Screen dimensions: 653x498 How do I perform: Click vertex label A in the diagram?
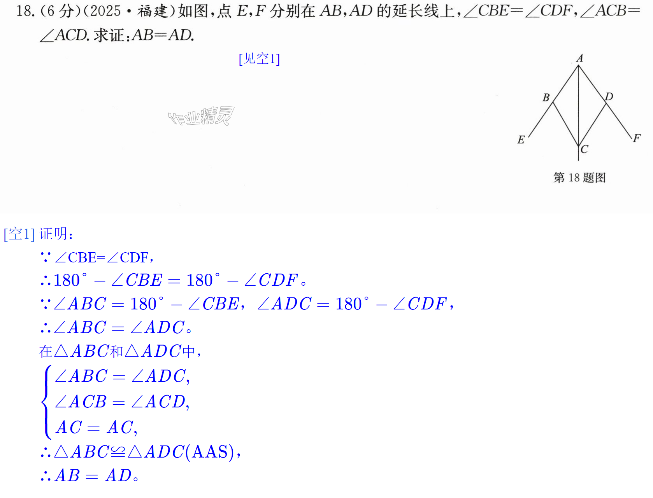point(579,58)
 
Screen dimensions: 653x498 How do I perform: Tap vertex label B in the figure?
point(546,98)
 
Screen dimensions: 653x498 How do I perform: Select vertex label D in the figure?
point(609,96)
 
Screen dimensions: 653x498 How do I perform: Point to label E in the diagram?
point(521,139)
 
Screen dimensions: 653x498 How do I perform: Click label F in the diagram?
point(637,138)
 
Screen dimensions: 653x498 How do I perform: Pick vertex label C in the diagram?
point(584,149)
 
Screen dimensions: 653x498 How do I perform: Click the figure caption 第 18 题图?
point(579,178)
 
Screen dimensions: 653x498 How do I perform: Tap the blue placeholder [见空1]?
point(259,59)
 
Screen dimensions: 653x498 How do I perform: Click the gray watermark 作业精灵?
point(201,116)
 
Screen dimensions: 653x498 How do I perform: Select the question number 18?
point(24,11)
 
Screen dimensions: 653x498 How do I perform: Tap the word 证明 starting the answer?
point(53,234)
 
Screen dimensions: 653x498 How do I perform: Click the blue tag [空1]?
point(19,234)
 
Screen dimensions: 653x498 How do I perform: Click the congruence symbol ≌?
point(118,452)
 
